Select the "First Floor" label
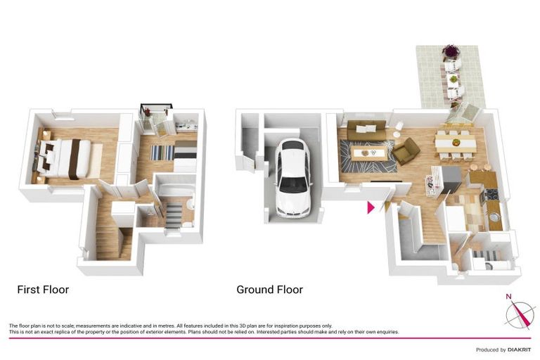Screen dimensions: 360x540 coord(43,289)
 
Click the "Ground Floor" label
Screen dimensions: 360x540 coord(269,289)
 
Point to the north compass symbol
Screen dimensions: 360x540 coord(521,312)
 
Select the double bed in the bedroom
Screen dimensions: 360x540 coord(67,157)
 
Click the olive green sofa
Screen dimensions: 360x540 coord(366,129)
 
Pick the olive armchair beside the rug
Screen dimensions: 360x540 coord(406,150)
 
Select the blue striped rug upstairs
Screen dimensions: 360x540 coord(163,153)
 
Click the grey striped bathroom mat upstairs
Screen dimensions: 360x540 coord(173,216)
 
